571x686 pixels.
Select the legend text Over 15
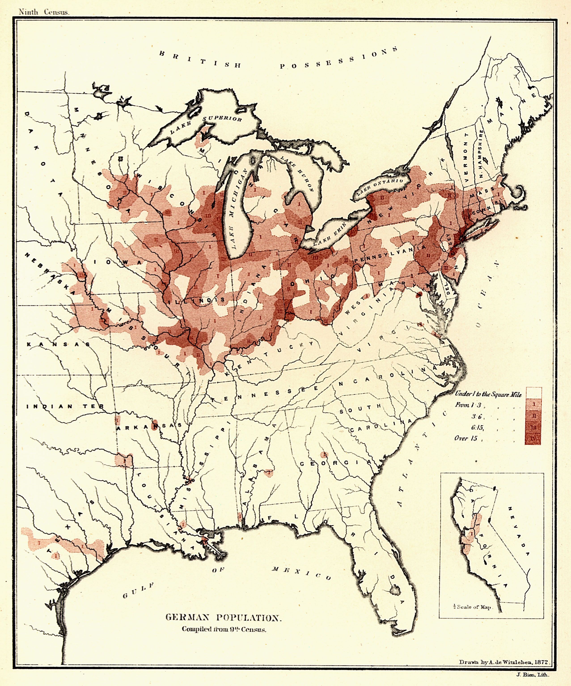click(466, 438)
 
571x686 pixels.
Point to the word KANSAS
click(58, 344)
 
